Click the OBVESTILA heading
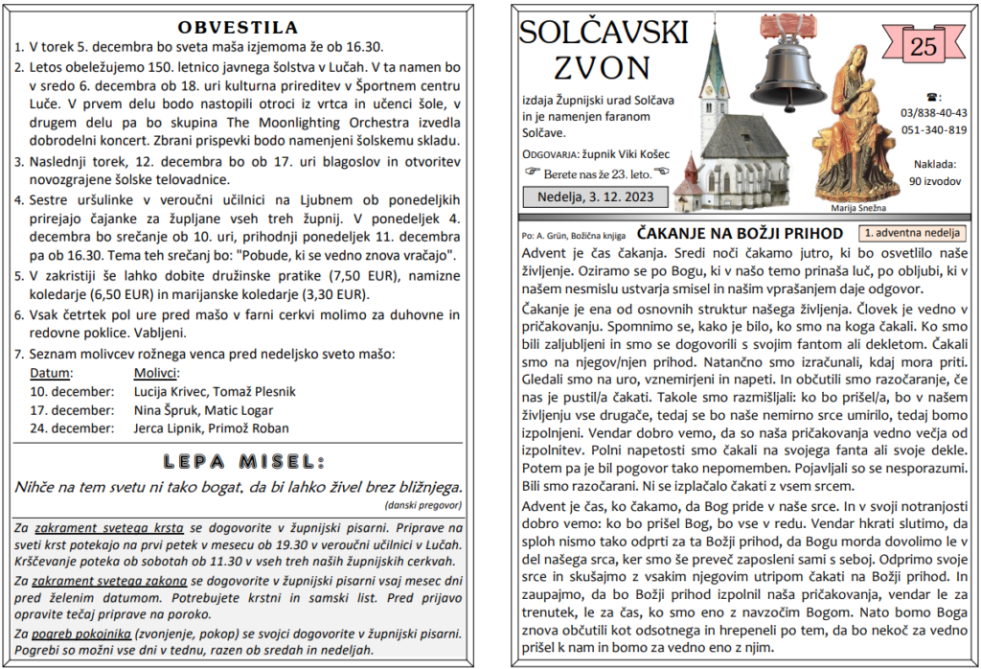[x=239, y=26]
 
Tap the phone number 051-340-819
[x=933, y=130]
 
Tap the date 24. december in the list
[x=72, y=428]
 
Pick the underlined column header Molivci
[x=156, y=373]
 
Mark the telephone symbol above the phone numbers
[x=934, y=97]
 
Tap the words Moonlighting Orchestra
[x=325, y=123]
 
